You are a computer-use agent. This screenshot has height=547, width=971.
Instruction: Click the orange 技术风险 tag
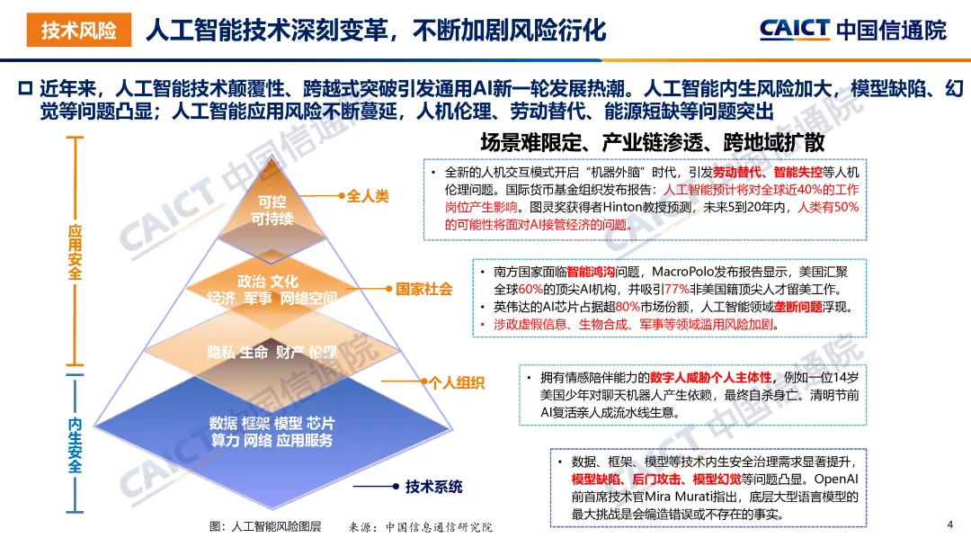[78, 30]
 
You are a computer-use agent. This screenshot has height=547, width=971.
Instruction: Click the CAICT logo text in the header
[795, 29]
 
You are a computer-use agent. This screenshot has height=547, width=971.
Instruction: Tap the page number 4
[950, 525]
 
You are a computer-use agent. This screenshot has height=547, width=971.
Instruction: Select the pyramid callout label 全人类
[367, 196]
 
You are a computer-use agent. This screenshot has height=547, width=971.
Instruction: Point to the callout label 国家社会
[424, 289]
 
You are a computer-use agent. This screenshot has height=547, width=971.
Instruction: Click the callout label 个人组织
[457, 382]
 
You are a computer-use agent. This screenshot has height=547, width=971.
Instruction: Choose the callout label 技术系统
[434, 487]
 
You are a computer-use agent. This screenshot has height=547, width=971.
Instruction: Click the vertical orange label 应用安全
[75, 252]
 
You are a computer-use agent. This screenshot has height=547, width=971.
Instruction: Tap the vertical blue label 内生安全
[75, 444]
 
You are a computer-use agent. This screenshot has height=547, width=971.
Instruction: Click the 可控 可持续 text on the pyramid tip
[272, 210]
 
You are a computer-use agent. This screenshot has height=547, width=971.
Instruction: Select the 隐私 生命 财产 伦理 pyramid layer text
[272, 353]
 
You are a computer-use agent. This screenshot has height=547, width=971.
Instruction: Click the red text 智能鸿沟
[591, 272]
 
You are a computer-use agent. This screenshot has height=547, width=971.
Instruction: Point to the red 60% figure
[530, 290]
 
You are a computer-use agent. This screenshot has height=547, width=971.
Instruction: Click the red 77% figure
[677, 290]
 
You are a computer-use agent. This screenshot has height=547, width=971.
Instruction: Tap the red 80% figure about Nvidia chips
[628, 307]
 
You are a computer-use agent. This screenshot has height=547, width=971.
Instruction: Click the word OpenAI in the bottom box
[836, 479]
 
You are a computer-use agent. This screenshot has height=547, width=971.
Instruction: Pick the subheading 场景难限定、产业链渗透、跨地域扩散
[652, 142]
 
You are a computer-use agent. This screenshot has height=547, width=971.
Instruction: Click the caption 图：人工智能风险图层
[265, 526]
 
